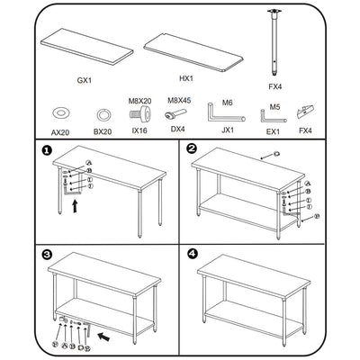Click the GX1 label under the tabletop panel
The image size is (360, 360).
83,80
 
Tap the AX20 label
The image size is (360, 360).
60,131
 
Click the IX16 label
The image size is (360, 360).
139,131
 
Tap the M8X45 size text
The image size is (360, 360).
176,102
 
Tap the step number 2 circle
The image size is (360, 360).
191,149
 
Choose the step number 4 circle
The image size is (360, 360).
191,254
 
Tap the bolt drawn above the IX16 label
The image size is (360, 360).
139,115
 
